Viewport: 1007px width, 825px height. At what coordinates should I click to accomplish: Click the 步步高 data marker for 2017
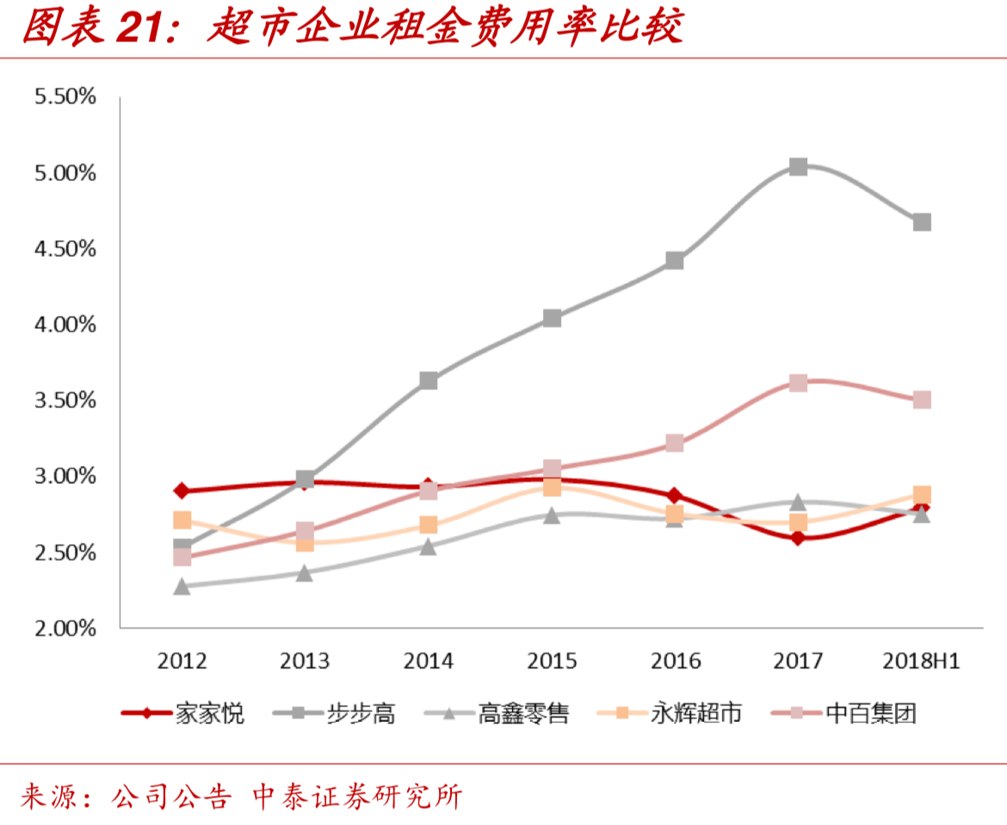(x=798, y=166)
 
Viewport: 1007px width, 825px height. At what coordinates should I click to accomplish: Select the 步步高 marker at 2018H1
(x=922, y=222)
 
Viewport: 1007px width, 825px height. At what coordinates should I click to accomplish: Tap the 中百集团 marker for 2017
(x=798, y=382)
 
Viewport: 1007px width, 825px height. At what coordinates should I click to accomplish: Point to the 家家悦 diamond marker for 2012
(x=182, y=491)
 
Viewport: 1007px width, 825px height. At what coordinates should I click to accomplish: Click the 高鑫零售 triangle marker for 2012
(x=182, y=586)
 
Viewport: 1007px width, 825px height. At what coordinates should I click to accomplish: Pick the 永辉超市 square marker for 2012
(x=182, y=520)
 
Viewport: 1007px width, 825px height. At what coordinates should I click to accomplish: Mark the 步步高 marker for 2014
(x=429, y=381)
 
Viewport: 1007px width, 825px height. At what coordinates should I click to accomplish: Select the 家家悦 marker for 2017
(x=798, y=538)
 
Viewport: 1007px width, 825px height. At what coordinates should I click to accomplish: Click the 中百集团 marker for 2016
(x=675, y=443)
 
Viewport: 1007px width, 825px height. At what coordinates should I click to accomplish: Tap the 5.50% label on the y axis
(x=65, y=96)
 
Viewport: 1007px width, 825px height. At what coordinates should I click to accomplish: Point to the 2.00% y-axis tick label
(x=65, y=628)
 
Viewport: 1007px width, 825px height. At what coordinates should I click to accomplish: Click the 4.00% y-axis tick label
(x=65, y=325)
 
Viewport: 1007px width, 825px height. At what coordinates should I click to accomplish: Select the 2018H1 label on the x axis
(x=921, y=661)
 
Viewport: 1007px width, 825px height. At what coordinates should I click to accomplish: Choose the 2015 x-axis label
(x=552, y=661)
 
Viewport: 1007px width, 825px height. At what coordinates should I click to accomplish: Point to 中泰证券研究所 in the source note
(x=356, y=796)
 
